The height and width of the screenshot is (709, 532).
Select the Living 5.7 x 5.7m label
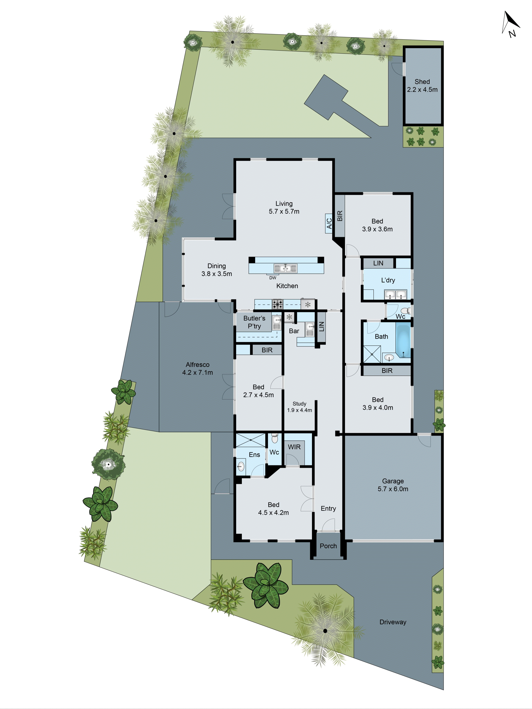pyautogui.click(x=284, y=207)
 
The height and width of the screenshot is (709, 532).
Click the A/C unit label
pyautogui.click(x=329, y=223)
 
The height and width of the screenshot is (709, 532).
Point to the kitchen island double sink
pyautogui.click(x=285, y=268)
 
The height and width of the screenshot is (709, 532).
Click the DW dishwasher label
pyautogui.click(x=273, y=278)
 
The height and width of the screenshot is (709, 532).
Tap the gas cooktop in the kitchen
pyautogui.click(x=277, y=304)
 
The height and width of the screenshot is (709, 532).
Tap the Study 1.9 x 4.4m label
pyautogui.click(x=299, y=407)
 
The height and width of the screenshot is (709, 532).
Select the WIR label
pyautogui.click(x=294, y=447)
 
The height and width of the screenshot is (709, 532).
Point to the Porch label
pyautogui.click(x=328, y=546)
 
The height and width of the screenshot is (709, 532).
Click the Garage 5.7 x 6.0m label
pyautogui.click(x=393, y=485)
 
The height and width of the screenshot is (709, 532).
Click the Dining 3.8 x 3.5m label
pyautogui.click(x=217, y=270)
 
